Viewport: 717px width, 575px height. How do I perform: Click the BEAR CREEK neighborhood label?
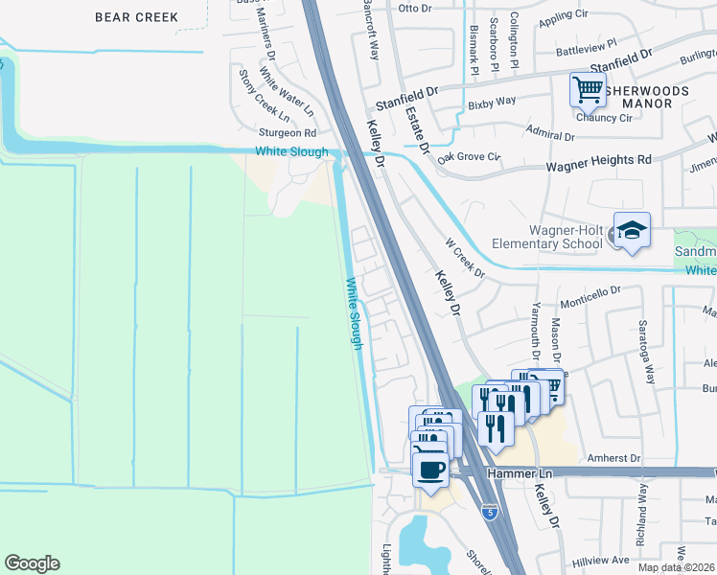(x=137, y=17)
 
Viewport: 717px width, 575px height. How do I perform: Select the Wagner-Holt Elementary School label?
(x=565, y=237)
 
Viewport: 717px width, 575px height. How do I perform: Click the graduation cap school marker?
(x=632, y=230)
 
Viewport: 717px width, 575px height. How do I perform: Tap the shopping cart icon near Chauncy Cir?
(x=588, y=90)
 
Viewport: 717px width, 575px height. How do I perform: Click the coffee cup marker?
(x=430, y=470)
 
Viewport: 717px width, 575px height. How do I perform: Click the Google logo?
(x=32, y=563)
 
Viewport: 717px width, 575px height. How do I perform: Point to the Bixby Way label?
(x=492, y=101)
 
